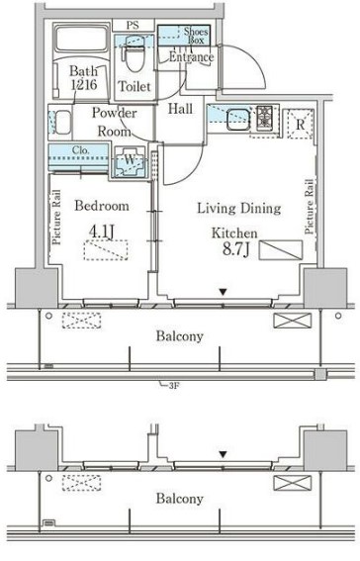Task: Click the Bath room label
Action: click(x=82, y=70)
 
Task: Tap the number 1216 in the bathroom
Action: click(x=82, y=86)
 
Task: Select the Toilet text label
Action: click(x=134, y=87)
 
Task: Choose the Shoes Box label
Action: click(x=195, y=37)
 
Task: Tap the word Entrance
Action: click(x=191, y=57)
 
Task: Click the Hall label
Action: click(x=179, y=109)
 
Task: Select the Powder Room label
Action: click(x=114, y=121)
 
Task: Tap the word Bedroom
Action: click(x=102, y=206)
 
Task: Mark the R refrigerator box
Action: click(x=297, y=124)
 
